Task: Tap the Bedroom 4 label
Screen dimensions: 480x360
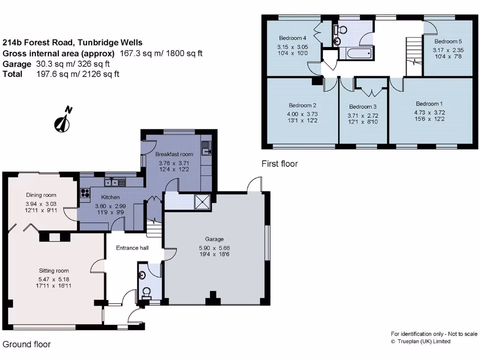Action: point(292,38)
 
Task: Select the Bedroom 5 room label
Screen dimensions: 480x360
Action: point(448,41)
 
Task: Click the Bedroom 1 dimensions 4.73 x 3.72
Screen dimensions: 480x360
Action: point(429,112)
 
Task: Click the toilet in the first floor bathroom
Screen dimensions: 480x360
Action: point(340,30)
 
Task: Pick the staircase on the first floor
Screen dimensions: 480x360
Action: point(414,56)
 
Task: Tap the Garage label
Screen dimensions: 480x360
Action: point(214,239)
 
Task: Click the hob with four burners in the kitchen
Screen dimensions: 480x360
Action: point(85,193)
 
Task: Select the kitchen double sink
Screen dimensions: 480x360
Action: point(115,182)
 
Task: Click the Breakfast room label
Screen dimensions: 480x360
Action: point(174,154)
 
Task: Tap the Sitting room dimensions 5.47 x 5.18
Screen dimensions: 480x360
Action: point(54,279)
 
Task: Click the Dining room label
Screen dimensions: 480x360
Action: point(41,195)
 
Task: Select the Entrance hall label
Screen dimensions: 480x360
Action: point(132,248)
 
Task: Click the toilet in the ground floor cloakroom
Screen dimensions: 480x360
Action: point(147,292)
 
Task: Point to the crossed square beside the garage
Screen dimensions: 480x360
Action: point(202,202)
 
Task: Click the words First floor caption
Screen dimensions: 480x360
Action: point(279,164)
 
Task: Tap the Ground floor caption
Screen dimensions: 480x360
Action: point(27,345)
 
